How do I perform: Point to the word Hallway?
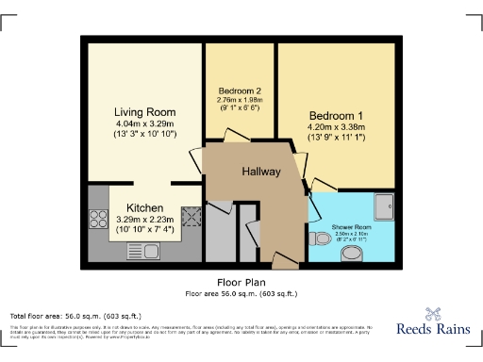(x=261, y=172)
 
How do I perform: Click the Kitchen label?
(x=145, y=207)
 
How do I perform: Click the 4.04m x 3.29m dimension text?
(x=145, y=123)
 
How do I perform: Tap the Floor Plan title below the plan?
(x=241, y=281)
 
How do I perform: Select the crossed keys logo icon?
(x=434, y=316)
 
